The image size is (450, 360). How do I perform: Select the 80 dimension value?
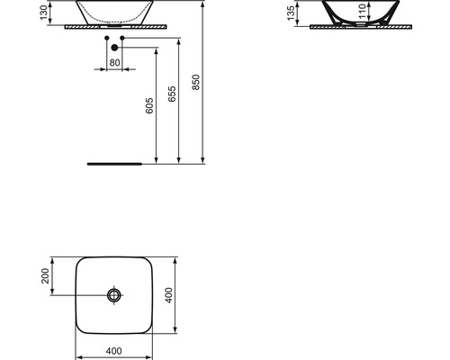tap(113, 62)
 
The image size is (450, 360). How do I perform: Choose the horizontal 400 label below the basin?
tap(113, 350)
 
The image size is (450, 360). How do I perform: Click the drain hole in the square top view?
tap(113, 294)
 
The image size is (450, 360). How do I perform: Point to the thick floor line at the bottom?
tap(114, 165)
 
